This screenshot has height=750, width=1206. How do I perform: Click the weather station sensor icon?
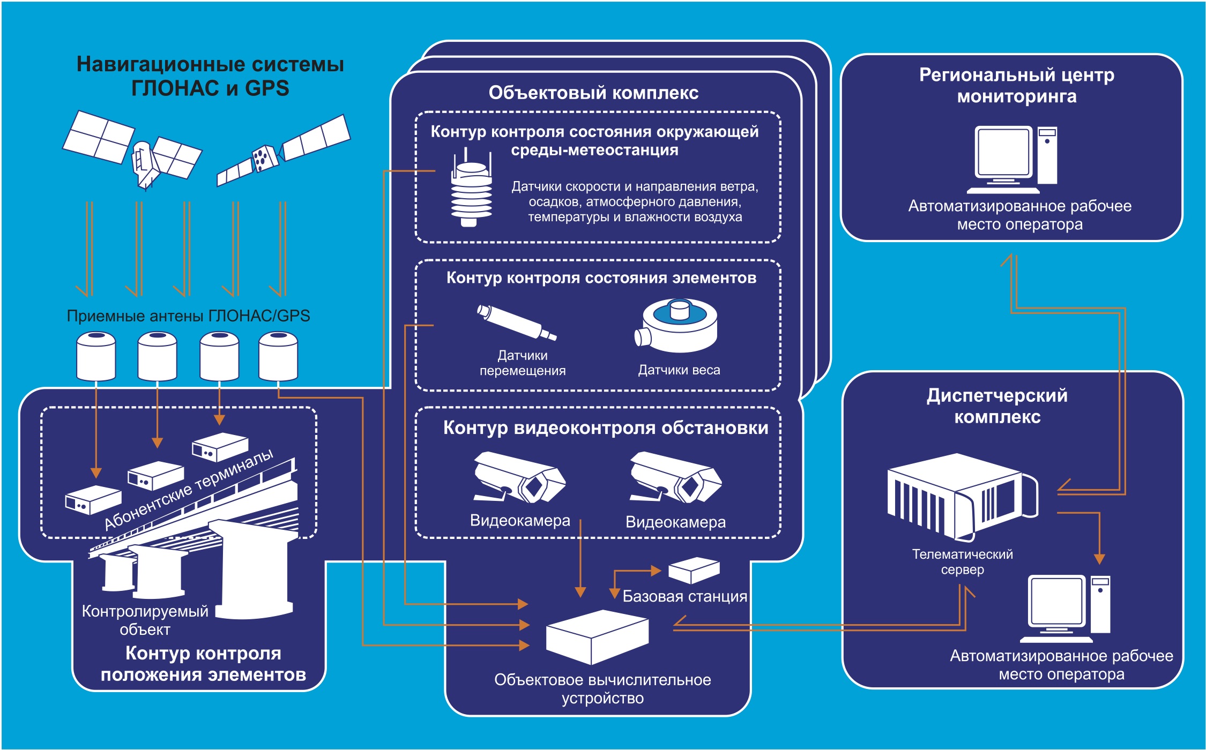471,190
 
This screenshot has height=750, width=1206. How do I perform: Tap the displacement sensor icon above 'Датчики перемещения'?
516,322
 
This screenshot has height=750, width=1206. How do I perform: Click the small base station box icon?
694,570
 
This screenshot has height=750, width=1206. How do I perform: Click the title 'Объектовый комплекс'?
593,93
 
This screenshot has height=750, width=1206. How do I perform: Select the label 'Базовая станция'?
684,596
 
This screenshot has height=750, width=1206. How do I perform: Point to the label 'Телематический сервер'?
962,561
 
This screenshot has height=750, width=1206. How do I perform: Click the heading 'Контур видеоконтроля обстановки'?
606,428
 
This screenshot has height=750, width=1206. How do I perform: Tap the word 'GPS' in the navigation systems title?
267,88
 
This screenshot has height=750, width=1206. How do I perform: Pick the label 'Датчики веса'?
679,370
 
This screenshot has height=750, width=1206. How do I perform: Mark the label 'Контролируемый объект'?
145,620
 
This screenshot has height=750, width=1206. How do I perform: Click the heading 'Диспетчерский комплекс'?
997,406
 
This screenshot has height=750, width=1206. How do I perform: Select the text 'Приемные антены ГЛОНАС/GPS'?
188,316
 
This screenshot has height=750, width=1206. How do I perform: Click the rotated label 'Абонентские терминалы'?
189,490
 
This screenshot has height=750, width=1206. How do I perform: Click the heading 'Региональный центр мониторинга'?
1016,86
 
